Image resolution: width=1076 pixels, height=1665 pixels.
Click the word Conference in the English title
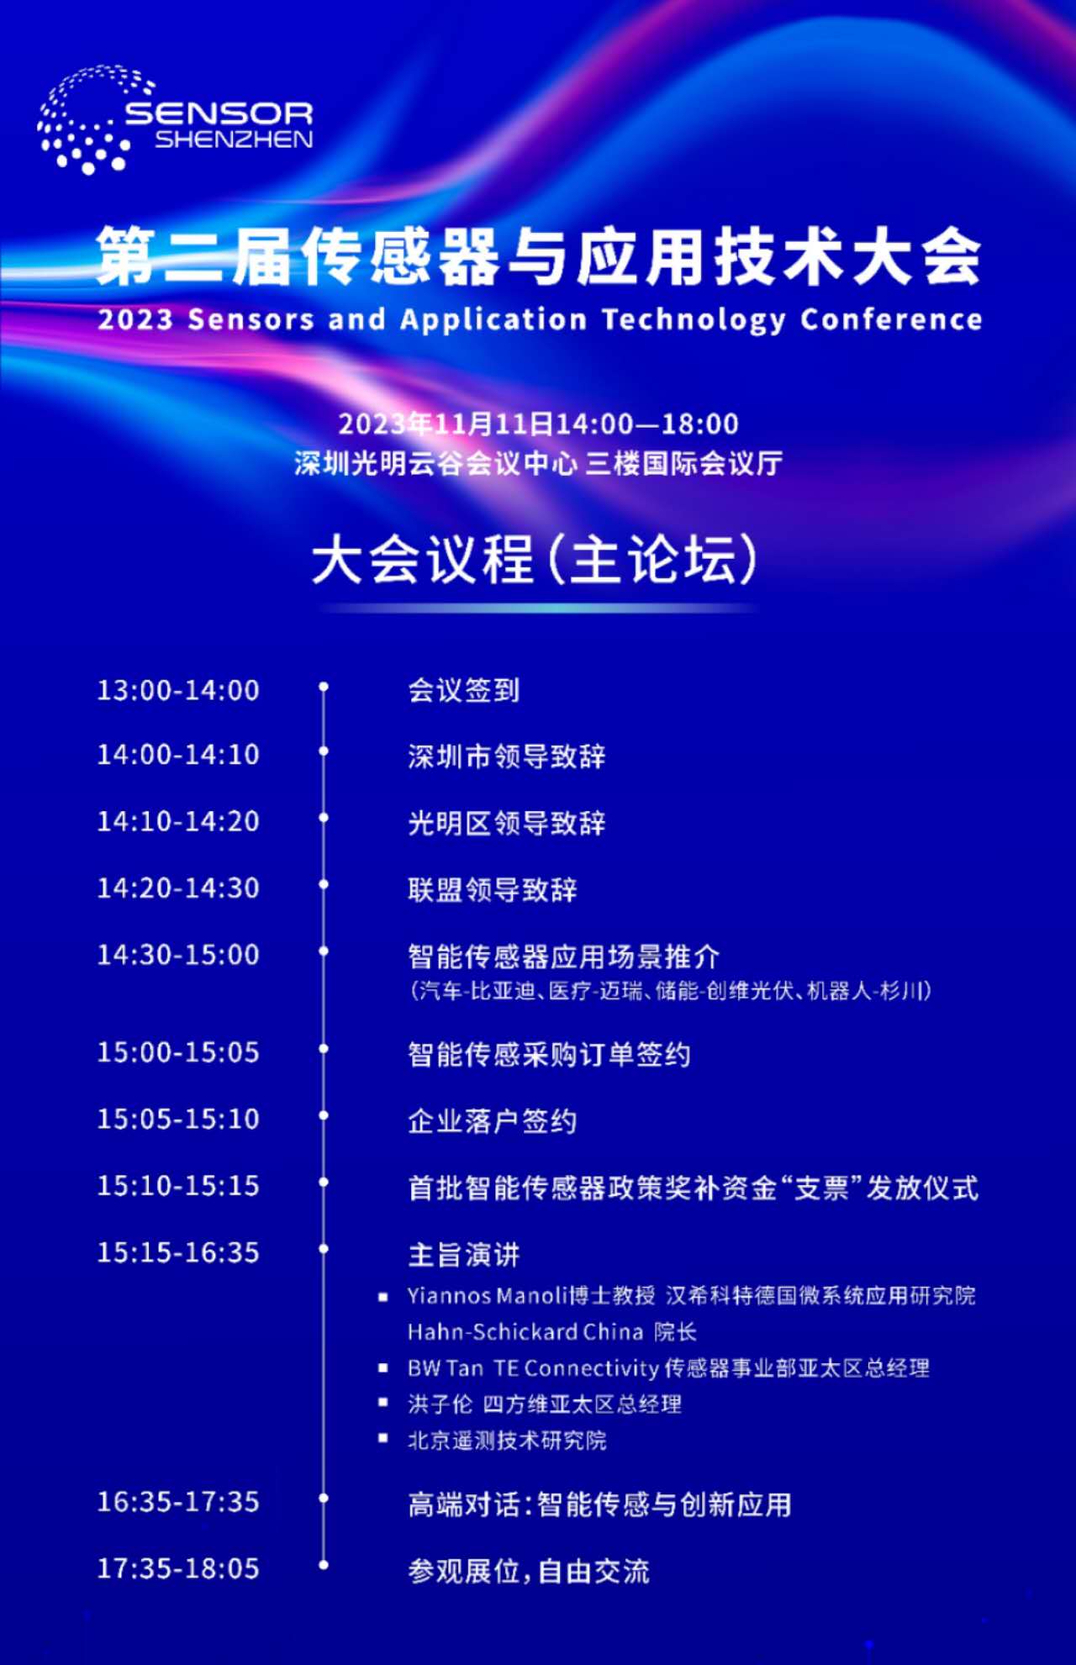tap(891, 319)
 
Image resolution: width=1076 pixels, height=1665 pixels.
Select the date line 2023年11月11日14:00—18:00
tap(538, 424)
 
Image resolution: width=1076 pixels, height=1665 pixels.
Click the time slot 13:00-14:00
tap(178, 690)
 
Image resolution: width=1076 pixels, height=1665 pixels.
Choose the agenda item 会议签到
tap(464, 690)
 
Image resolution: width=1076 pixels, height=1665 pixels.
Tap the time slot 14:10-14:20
tap(178, 821)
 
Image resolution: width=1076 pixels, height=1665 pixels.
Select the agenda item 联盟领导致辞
tap(493, 889)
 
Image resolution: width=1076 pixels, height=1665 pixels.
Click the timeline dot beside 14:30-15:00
tap(324, 952)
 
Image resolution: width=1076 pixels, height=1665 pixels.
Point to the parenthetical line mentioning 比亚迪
tap(671, 991)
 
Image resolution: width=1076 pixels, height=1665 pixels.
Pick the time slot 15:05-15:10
tap(178, 1119)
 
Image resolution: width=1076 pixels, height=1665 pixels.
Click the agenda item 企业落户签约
tap(493, 1121)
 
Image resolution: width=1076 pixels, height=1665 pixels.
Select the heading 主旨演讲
tap(464, 1255)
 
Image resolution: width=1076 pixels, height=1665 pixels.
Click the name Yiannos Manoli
tap(488, 1296)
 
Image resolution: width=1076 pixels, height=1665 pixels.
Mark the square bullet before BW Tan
tap(383, 1368)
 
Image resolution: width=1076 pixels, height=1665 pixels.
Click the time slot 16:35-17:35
tap(178, 1502)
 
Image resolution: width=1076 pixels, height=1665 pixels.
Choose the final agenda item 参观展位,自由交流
tap(529, 1571)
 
